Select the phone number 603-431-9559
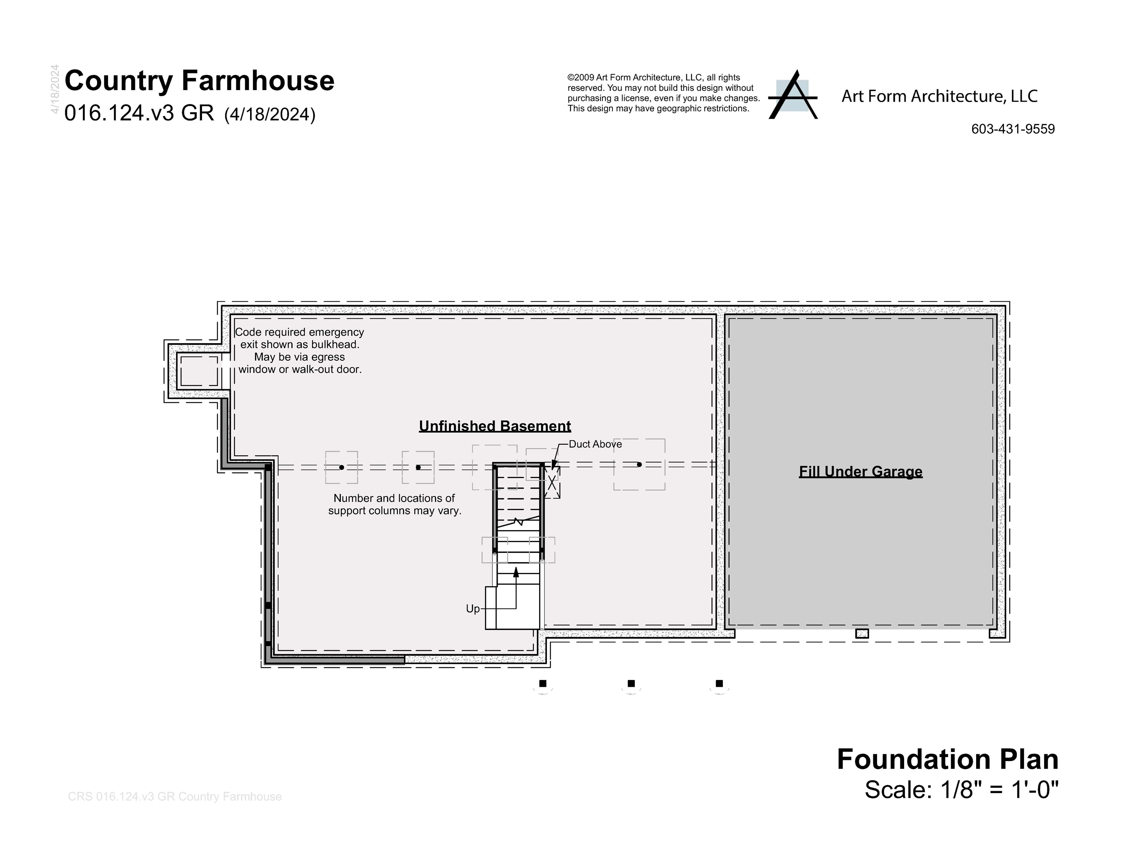1013,129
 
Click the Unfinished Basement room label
495,426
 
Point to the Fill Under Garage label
860,472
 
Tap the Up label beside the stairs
472,609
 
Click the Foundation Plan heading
947,759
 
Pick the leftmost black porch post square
542,683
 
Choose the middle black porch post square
631,683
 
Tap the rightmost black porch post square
720,683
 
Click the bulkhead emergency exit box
199,371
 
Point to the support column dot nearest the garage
639,465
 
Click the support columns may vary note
394,504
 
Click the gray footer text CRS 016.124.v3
174,796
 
